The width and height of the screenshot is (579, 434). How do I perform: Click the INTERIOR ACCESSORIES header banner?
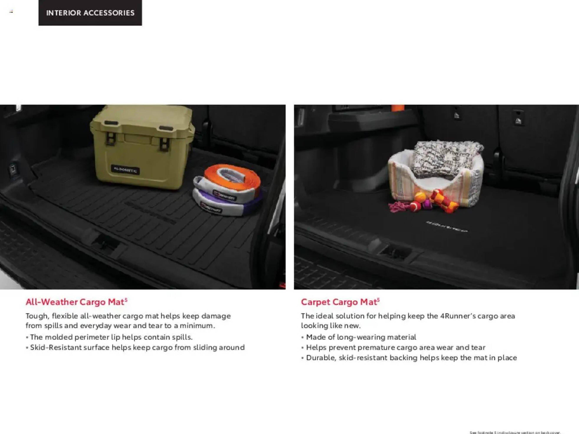[90, 13]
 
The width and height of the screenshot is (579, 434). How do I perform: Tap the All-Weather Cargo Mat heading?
[76, 302]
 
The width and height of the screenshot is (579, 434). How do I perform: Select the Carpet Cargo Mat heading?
[340, 302]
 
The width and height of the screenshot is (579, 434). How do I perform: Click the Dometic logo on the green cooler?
[125, 170]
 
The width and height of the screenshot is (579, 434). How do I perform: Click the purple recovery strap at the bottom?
[228, 207]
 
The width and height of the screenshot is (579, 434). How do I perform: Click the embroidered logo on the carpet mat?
[446, 226]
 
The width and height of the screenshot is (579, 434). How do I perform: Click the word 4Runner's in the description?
[457, 316]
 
